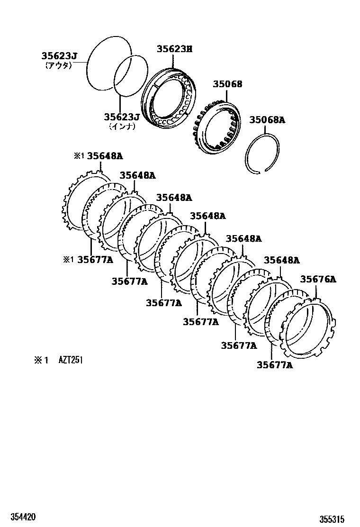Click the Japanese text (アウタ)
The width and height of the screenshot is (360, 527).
coord(58,66)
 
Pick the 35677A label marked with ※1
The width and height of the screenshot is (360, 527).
coord(95,259)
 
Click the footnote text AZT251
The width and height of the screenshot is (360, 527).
coord(71,360)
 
